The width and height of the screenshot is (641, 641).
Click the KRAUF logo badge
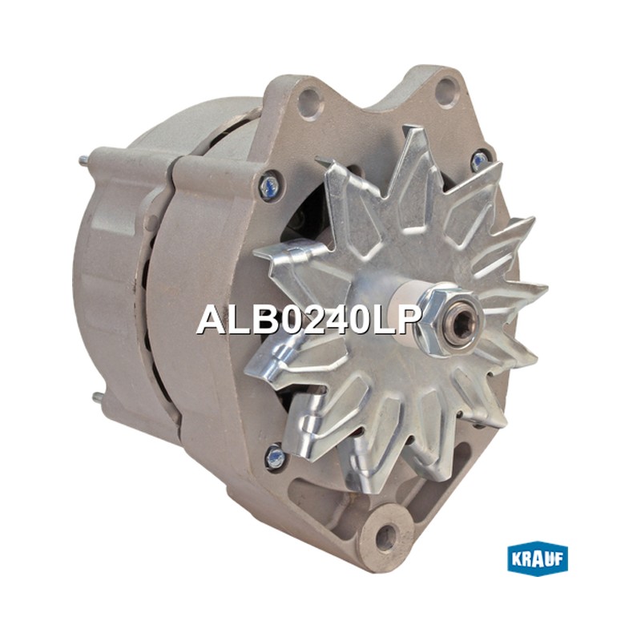[x=537, y=558]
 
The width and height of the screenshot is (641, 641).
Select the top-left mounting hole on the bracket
[x=308, y=99]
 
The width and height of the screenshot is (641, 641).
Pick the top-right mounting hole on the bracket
[x=446, y=89]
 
